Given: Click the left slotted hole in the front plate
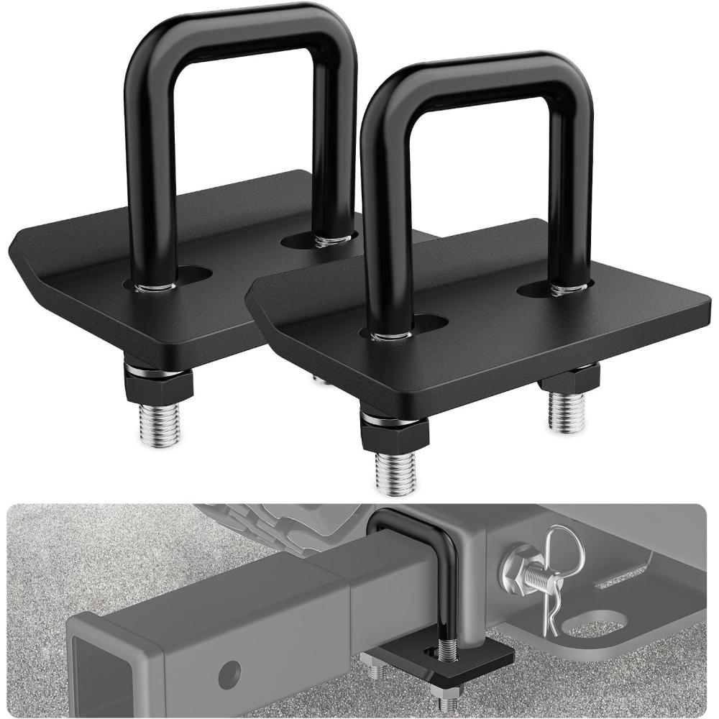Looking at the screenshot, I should click(x=427, y=323).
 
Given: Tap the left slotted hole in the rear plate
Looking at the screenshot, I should click(x=191, y=275).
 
